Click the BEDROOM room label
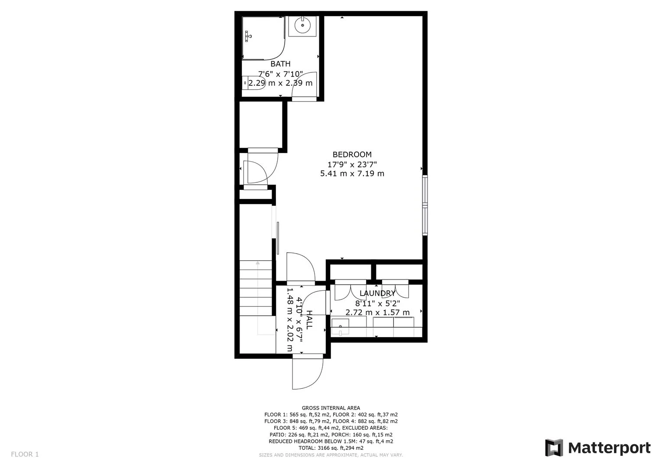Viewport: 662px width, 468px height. (x=352, y=154)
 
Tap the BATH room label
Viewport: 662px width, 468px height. (x=280, y=64)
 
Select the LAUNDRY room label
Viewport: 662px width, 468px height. (x=377, y=293)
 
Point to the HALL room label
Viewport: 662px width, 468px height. (x=309, y=320)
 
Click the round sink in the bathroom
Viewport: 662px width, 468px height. (x=303, y=26)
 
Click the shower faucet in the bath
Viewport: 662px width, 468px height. (x=248, y=36)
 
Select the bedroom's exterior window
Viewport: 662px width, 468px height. (x=425, y=205)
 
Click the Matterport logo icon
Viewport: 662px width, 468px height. (x=554, y=448)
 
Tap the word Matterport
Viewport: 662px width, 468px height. (x=610, y=448)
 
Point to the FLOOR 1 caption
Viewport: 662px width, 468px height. (x=25, y=454)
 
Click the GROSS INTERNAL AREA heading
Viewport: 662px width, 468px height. (x=331, y=408)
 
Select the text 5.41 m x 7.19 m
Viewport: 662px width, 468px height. (x=352, y=173)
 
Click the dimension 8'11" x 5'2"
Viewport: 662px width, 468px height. (x=377, y=303)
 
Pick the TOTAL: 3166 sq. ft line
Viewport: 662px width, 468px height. (x=331, y=448)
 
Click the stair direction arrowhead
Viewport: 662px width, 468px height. (x=258, y=263)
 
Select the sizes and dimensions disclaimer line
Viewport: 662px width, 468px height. (x=331, y=455)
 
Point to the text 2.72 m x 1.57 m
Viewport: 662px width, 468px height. (x=377, y=312)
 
